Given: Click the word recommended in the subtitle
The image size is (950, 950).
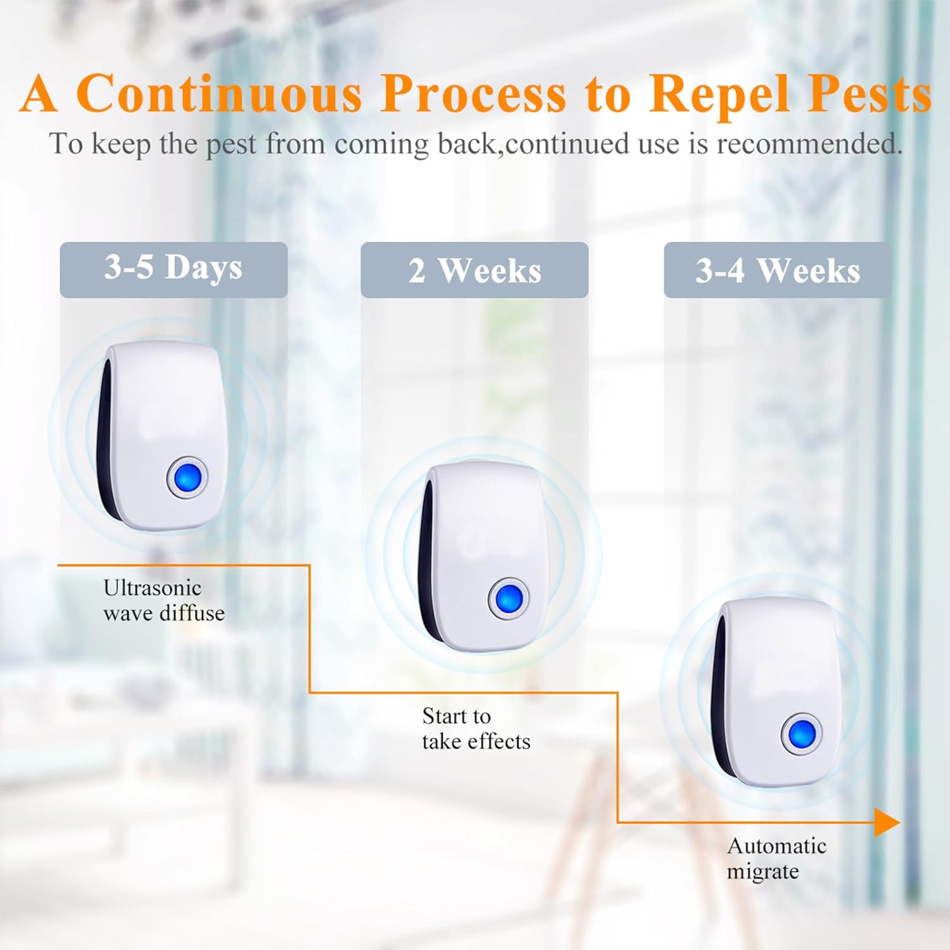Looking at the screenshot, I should [809, 144].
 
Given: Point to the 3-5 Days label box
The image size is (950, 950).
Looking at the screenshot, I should [174, 269].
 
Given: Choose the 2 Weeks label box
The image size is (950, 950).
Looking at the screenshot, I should [474, 270].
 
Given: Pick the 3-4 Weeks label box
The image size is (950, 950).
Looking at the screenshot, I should [777, 270].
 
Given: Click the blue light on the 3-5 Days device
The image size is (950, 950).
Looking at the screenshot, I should [187, 477].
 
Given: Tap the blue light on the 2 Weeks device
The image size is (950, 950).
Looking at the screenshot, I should [509, 598].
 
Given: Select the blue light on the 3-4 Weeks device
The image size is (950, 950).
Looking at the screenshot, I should [802, 733].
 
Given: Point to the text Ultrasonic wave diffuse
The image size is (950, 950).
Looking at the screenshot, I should [164, 600].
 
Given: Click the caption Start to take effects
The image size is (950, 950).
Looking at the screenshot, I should [476, 728].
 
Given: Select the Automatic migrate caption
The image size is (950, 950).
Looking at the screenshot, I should [776, 858].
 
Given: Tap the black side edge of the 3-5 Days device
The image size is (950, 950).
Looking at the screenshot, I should [104, 443].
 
